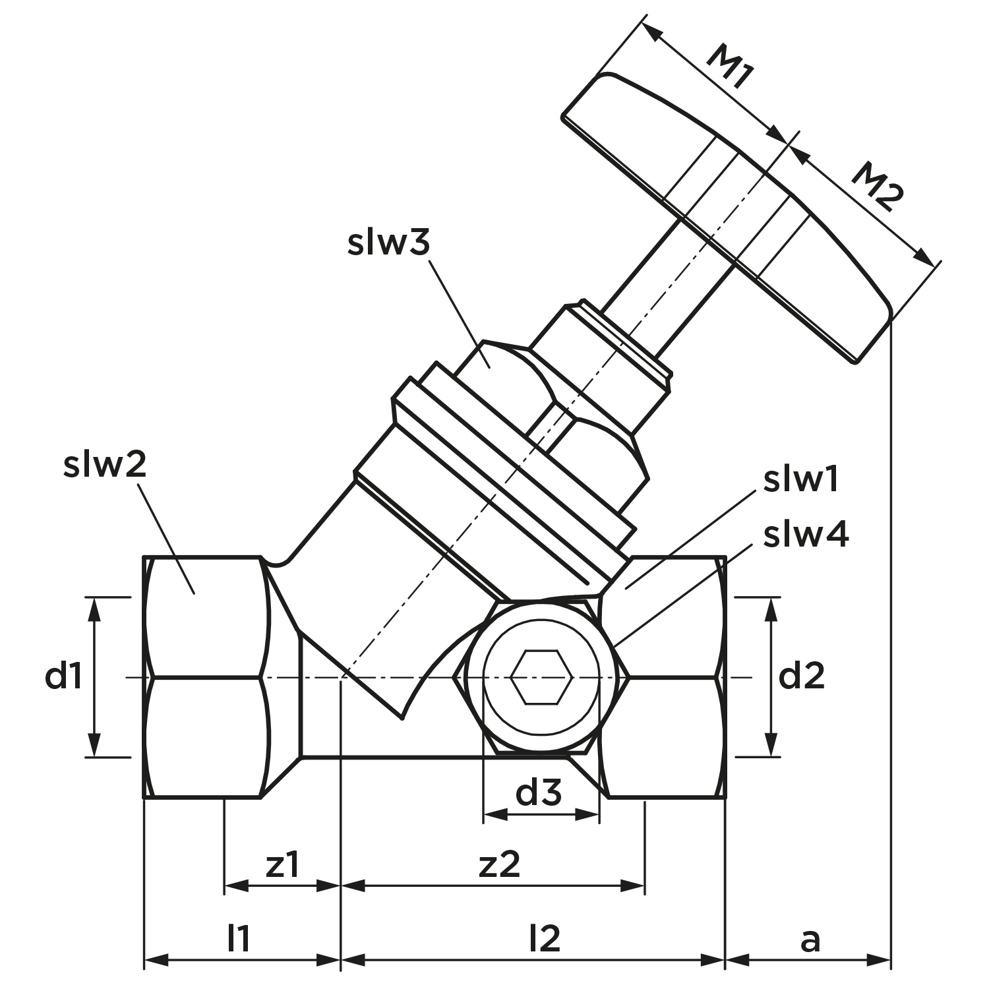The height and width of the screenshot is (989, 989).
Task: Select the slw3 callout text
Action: pos(389,242)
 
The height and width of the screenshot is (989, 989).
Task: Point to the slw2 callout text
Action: pos(104,465)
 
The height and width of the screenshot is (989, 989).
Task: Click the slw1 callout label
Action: pos(800,480)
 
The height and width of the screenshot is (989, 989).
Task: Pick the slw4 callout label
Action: pos(806,535)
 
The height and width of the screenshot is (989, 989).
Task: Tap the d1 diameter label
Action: pos(64,676)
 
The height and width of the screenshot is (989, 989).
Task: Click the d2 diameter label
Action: pos(802,676)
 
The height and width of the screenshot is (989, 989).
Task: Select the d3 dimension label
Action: pos(539,793)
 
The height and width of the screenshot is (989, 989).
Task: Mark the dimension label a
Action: pos(810,942)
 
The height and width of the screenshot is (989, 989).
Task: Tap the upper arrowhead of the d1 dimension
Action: pos(95,610)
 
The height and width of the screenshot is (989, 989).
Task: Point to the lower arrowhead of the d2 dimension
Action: pos(769,744)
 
